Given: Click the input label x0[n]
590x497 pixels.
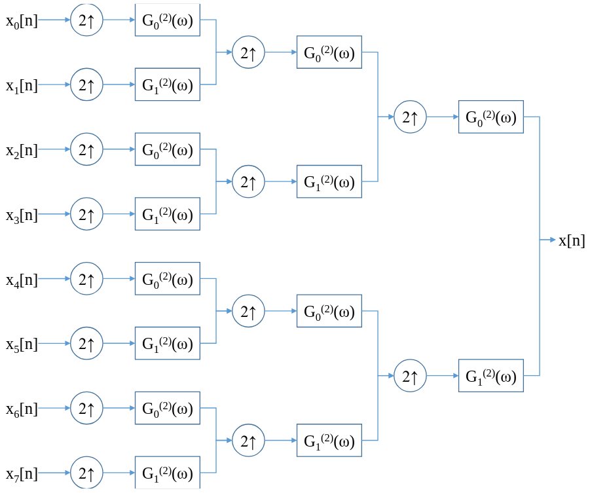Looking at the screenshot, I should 22,20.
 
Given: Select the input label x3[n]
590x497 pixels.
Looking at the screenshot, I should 22,215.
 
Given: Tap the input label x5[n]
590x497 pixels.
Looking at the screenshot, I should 22,344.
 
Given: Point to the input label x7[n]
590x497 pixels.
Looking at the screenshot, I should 22,473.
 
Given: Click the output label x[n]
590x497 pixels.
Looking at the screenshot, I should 572,240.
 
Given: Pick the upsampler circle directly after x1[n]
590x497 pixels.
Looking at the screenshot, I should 86,84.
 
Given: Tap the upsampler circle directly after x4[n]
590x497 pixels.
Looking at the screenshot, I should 86,279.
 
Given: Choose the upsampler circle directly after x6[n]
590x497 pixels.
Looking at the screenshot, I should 86,409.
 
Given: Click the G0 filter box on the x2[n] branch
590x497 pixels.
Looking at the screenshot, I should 168,149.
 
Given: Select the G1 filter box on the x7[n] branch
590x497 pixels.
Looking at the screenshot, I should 168,473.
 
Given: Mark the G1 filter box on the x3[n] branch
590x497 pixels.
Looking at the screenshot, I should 168,214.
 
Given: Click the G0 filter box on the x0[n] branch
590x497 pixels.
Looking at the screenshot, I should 168,20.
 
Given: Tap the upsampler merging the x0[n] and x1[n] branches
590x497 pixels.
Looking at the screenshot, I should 248,52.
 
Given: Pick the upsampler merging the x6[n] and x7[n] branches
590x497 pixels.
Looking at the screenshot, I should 248,441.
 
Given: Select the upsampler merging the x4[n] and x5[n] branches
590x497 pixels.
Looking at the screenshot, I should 248,311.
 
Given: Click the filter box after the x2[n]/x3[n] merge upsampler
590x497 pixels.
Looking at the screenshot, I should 329,181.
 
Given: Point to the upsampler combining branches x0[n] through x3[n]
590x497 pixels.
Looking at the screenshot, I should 410,117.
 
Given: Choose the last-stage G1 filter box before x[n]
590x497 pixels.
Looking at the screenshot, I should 490,376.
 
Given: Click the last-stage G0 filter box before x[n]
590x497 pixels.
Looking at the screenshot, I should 490,117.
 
